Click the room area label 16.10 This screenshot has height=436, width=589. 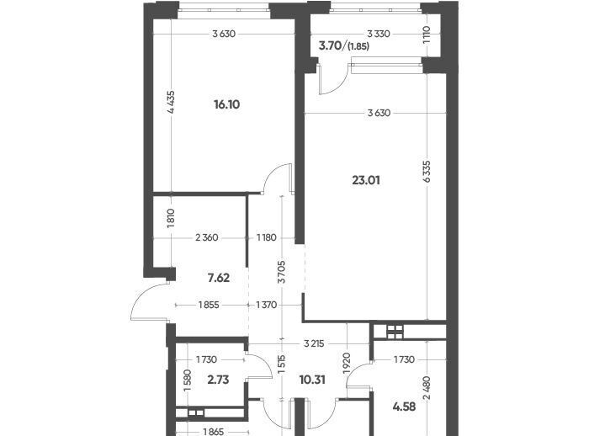[x=227, y=104]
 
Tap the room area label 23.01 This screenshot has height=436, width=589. [x=366, y=180]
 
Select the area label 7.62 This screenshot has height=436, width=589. [x=218, y=278]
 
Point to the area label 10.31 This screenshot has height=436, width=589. [x=312, y=380]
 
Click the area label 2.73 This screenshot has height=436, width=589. [x=218, y=380]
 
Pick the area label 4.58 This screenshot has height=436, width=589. [x=404, y=407]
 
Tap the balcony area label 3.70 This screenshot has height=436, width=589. [x=330, y=45]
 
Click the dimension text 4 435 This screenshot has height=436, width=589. [x=171, y=102]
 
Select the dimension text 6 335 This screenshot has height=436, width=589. [x=427, y=172]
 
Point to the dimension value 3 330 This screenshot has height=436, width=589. [x=379, y=34]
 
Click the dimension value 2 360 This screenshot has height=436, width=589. [x=207, y=237]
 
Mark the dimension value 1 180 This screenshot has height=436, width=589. [x=267, y=237]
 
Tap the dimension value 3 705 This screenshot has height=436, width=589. [x=282, y=272]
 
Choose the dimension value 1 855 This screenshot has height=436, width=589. [x=209, y=305]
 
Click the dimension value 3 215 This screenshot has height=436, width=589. [x=314, y=343]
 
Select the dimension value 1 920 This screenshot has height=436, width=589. [x=347, y=363]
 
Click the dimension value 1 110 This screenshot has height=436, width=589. [x=427, y=35]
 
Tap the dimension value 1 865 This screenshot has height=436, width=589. [x=214, y=432]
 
